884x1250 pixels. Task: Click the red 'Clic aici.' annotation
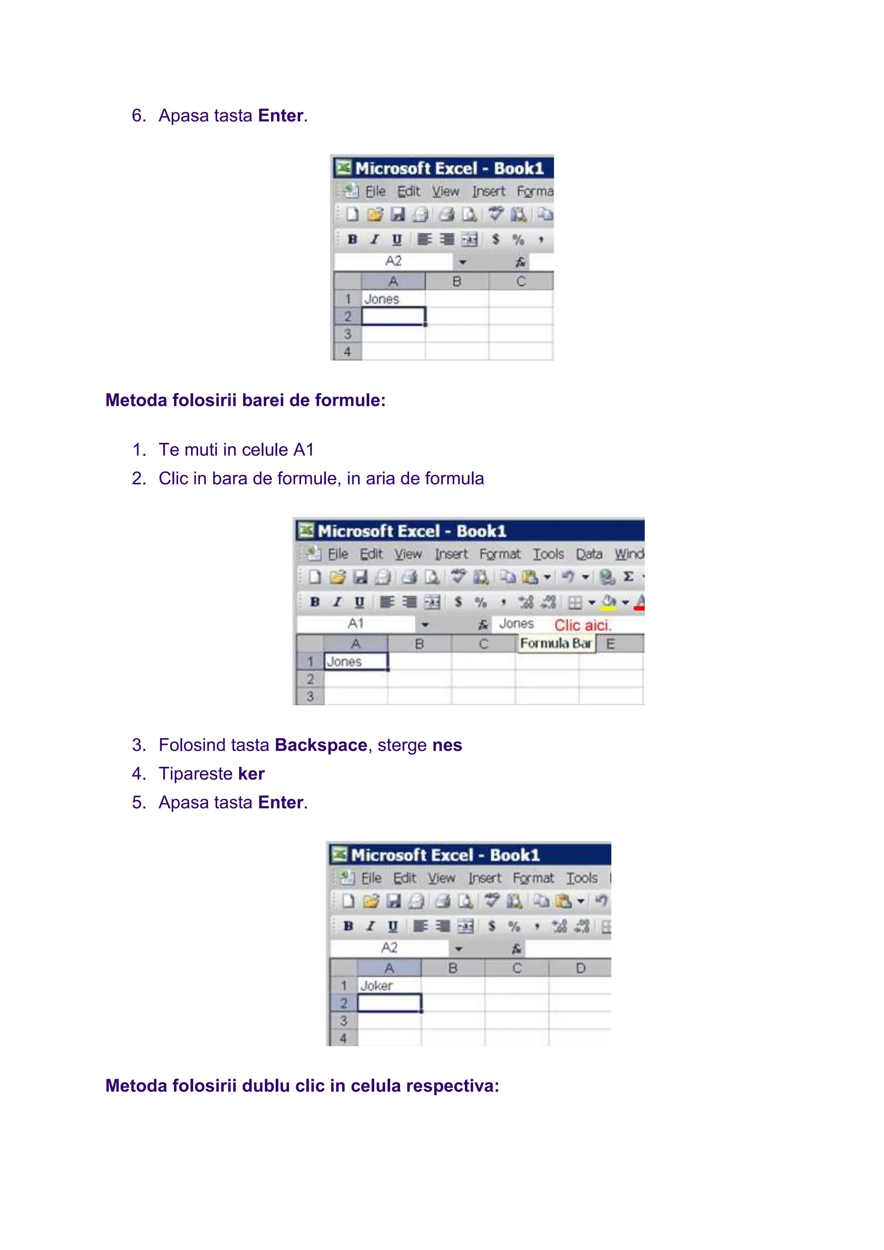point(582,625)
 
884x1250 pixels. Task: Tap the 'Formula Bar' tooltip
point(555,644)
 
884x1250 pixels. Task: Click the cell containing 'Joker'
point(389,985)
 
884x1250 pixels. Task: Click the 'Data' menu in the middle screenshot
point(589,554)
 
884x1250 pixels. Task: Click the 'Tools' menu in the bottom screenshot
point(581,878)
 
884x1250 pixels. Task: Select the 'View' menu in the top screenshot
point(445,192)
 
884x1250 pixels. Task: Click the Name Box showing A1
point(355,624)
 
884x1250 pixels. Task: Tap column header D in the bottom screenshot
point(580,968)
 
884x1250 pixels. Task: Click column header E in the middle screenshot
point(610,644)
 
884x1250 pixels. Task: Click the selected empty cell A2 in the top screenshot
point(393,316)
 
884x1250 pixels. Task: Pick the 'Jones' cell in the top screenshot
point(393,299)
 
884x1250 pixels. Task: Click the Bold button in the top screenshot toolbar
point(352,240)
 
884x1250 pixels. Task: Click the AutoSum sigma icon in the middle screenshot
point(628,577)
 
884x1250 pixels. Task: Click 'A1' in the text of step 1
point(303,450)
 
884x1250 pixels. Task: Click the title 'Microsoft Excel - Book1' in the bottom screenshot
point(445,855)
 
